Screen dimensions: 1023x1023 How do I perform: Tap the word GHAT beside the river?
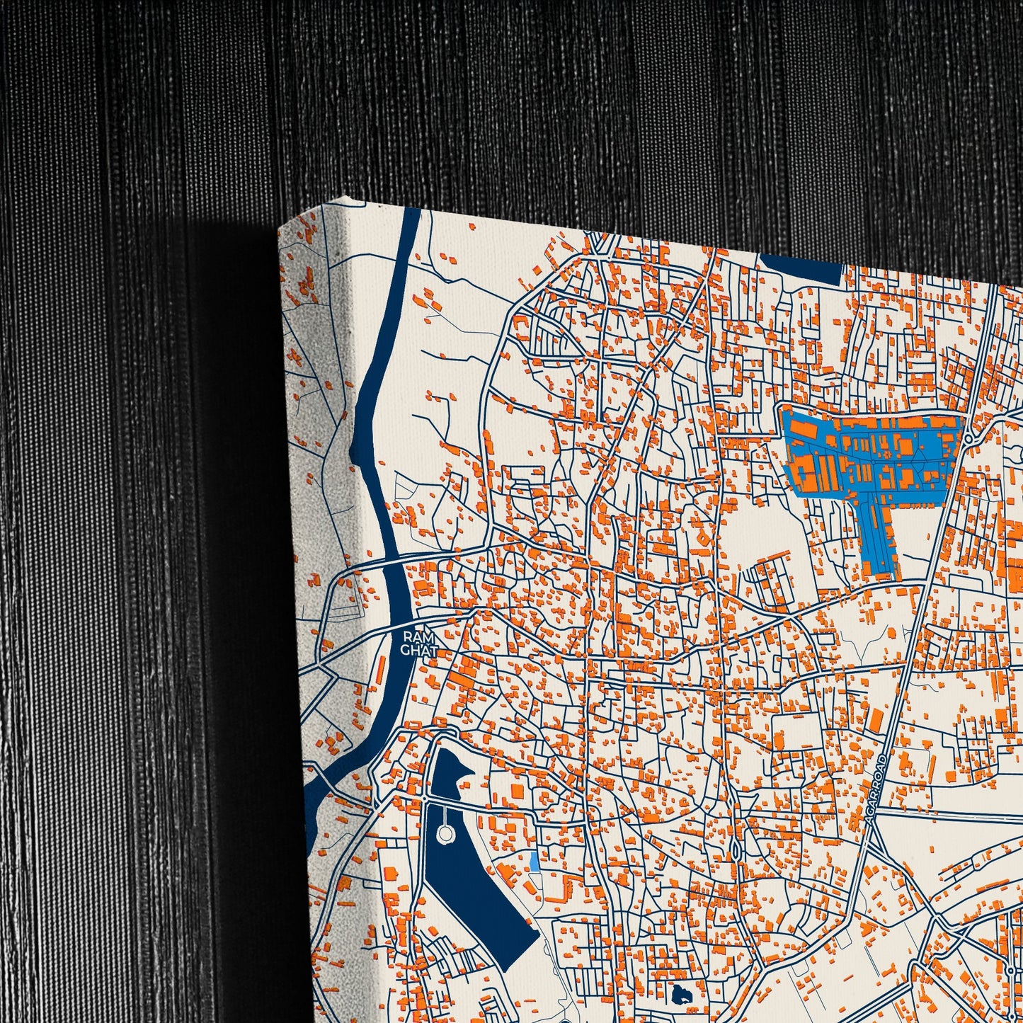pyautogui.click(x=413, y=649)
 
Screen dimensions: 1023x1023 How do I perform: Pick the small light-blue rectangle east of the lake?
pyautogui.click(x=534, y=861)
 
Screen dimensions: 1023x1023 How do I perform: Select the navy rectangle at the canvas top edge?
pyautogui.click(x=804, y=270)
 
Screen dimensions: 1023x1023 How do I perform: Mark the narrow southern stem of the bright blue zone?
pyautogui.click(x=880, y=538)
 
